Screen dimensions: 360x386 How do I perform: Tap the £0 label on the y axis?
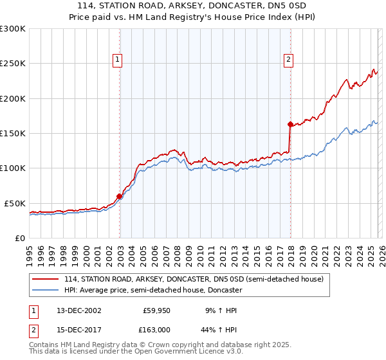click(19, 238)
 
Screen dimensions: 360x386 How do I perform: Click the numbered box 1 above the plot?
click(118, 60)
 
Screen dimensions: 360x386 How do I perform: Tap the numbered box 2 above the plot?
click(289, 60)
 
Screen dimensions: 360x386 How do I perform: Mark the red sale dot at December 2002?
click(120, 196)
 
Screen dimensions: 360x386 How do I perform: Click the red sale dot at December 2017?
click(290, 124)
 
